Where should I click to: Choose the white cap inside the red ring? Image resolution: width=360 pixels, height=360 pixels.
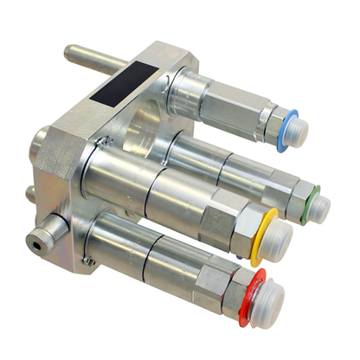click(x=261, y=300)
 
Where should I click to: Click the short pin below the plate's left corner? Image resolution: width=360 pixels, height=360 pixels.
click(x=31, y=190)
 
